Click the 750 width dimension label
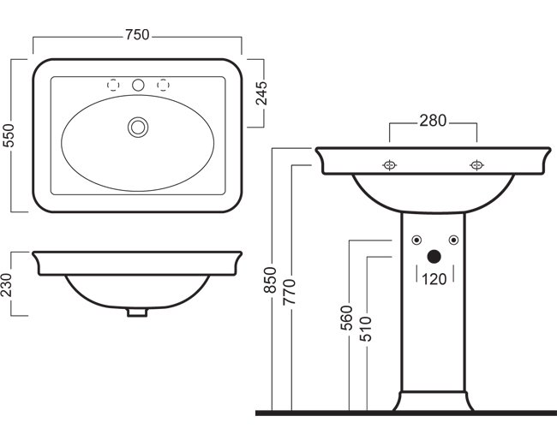(x=137, y=35)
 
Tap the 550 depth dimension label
(x=10, y=134)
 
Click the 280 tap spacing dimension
(x=433, y=122)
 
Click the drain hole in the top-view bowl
(x=137, y=127)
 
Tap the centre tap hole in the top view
(x=137, y=85)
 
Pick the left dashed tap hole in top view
(x=112, y=85)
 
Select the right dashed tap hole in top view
(x=163, y=85)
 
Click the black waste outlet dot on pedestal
(x=434, y=255)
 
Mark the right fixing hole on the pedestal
(x=452, y=239)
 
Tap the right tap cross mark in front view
(x=476, y=164)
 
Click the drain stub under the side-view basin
(x=137, y=312)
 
